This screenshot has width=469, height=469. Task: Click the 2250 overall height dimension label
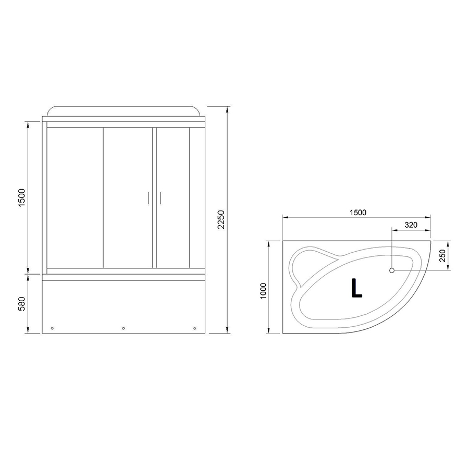[x=221, y=219]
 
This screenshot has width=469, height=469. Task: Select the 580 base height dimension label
[x=22, y=304]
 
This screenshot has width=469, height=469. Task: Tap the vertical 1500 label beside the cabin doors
[x=22, y=198]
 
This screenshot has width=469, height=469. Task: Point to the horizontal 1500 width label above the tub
[x=357, y=213]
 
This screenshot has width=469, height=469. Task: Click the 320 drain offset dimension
[x=411, y=225]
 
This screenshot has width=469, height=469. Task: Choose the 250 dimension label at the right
[x=442, y=255]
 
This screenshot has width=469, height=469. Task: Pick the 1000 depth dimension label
[x=263, y=291]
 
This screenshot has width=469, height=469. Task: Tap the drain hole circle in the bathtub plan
[x=392, y=270]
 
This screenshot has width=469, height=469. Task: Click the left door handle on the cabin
[x=148, y=198]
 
